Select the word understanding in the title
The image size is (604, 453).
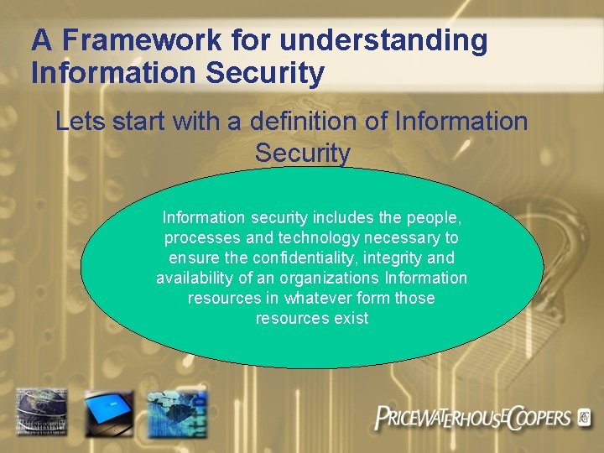383,40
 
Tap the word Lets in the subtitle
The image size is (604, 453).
81,122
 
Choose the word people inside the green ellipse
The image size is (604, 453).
433,217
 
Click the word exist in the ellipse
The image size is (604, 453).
351,318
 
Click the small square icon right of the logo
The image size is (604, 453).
585,416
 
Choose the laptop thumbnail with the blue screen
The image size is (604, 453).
108,412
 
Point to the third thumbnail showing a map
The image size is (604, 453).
176,412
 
